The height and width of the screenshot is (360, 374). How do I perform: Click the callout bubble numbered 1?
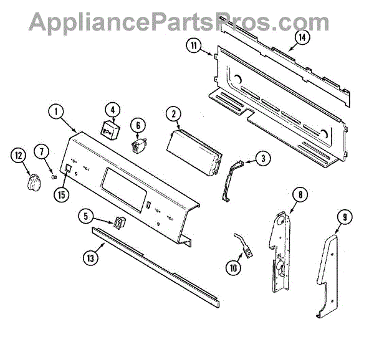coord(57,113)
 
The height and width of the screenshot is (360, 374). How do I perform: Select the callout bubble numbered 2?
coord(173,113)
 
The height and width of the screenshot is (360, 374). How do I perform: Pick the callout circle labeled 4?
coord(112,110)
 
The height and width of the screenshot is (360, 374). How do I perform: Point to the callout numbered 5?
coord(87,217)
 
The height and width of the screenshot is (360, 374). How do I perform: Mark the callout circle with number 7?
coord(42,151)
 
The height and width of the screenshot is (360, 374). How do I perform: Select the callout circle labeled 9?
coord(343,217)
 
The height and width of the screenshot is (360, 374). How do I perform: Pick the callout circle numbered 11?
coord(194,45)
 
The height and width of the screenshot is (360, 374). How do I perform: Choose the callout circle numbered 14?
coord(302,37)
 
